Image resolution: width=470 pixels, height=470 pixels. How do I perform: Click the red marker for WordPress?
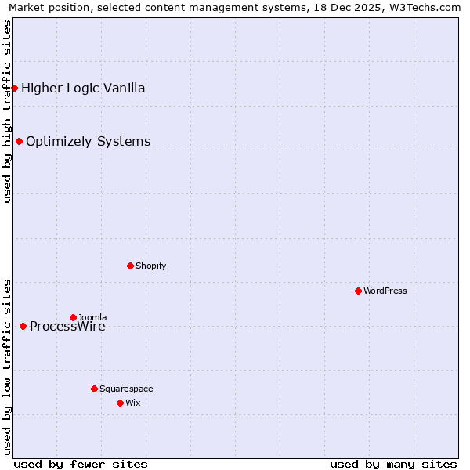358,291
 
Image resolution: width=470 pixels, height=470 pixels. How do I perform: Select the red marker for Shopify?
130,266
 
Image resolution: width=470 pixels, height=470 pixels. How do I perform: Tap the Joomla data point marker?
73,317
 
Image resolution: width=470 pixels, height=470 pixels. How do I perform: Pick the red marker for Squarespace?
94,389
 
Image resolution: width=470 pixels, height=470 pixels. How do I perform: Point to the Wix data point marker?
120,403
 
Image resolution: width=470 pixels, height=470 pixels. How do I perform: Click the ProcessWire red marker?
23,326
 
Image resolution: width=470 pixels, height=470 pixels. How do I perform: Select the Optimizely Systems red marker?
19,141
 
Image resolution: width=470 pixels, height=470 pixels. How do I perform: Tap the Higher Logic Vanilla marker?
14,88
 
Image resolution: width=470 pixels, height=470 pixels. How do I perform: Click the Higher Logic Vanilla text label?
83,88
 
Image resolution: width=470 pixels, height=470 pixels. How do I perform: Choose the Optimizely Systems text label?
88,141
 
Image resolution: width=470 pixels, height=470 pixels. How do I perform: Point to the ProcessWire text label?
67,327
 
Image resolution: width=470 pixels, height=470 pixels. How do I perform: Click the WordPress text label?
385,291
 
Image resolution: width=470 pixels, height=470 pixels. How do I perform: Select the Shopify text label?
150,266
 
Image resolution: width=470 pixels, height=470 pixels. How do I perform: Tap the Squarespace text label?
126,389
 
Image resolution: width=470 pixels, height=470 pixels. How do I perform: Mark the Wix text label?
132,403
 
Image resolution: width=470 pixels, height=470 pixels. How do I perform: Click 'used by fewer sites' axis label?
81,464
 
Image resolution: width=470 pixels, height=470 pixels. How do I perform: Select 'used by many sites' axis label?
393,464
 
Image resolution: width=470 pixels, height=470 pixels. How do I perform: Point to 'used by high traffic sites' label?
7,111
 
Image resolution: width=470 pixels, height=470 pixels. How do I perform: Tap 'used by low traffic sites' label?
7,366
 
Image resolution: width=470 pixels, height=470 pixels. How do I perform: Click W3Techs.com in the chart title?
424,7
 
